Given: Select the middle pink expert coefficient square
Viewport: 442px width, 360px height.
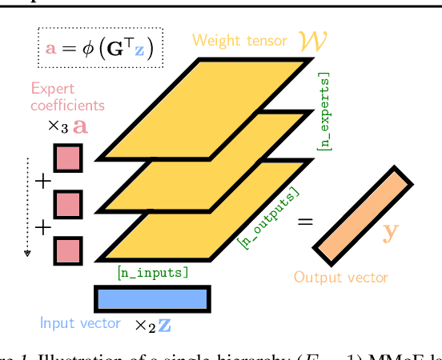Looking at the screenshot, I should (x=68, y=204).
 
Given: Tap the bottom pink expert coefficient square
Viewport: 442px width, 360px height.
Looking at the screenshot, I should (x=68, y=250).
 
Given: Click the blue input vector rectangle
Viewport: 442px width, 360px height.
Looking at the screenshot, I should (x=152, y=298).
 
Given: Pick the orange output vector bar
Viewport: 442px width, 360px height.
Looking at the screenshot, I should (x=363, y=216).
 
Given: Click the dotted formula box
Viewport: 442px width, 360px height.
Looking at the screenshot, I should (x=100, y=48).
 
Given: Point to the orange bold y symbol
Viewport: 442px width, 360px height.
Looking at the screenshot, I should (x=391, y=232).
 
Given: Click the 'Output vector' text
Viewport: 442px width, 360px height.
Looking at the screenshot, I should (x=340, y=278).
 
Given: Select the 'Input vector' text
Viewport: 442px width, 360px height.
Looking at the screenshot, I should (x=80, y=324).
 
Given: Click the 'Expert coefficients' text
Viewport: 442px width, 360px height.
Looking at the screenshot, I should (x=68, y=96).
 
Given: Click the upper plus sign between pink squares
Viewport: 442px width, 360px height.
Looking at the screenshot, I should (x=42, y=182).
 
